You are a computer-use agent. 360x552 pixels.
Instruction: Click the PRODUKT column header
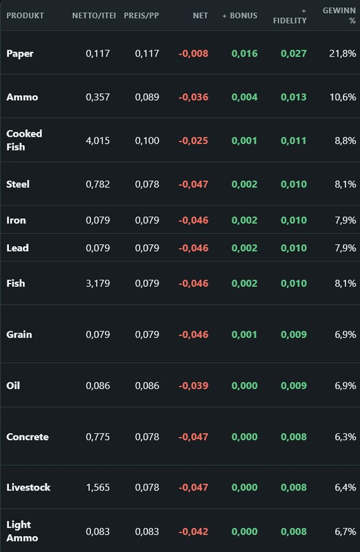click(25, 15)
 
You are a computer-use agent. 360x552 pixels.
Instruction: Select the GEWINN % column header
click(339, 15)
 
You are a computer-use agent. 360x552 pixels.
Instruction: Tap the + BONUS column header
click(239, 15)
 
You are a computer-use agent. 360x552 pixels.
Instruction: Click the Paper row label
click(20, 54)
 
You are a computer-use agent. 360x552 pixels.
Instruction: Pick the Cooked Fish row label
click(24, 140)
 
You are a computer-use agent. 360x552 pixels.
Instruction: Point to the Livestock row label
click(28, 487)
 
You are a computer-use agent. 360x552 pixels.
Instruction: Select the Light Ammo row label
click(22, 531)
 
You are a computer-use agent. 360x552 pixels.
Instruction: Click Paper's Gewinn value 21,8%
click(342, 54)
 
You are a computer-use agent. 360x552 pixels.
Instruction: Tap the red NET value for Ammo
click(193, 97)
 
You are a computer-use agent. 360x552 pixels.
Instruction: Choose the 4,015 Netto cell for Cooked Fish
click(98, 141)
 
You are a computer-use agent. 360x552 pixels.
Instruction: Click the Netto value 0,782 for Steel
click(98, 184)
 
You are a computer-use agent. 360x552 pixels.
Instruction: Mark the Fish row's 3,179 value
click(98, 284)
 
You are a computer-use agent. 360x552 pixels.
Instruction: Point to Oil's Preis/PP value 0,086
click(147, 386)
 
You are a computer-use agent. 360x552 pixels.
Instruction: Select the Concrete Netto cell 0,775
click(98, 437)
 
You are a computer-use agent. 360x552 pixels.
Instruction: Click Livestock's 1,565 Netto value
click(98, 488)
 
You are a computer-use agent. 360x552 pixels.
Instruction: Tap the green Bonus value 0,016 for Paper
click(245, 54)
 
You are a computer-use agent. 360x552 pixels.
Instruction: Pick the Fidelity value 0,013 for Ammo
click(294, 97)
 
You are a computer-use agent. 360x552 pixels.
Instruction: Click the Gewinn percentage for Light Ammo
click(346, 531)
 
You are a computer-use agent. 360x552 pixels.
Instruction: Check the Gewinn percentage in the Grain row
click(346, 335)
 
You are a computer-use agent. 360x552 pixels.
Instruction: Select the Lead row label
click(18, 248)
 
